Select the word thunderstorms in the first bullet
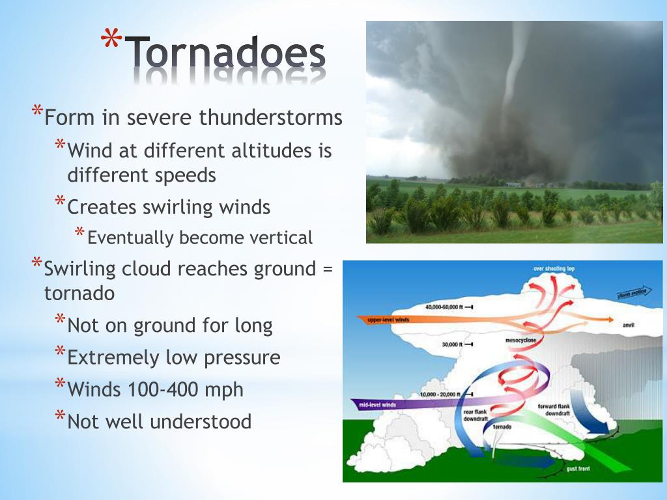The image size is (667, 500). [x=270, y=118]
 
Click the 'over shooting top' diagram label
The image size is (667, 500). [x=554, y=268]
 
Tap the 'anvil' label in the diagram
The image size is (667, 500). [x=629, y=324]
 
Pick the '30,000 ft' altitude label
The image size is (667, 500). [x=451, y=344]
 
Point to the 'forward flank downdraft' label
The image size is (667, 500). [x=556, y=410]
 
